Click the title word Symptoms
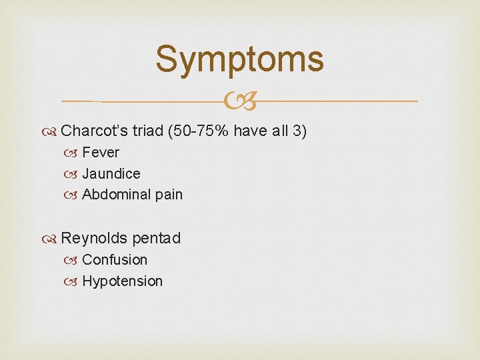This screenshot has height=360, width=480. pos(239,59)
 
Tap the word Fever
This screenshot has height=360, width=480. pos(101,153)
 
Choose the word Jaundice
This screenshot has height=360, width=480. pos(111,174)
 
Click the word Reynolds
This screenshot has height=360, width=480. pos(93,238)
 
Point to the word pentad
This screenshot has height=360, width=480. pos(157,238)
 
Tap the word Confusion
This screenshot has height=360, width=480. pos(115,260)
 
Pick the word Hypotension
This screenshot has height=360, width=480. pos(122,281)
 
